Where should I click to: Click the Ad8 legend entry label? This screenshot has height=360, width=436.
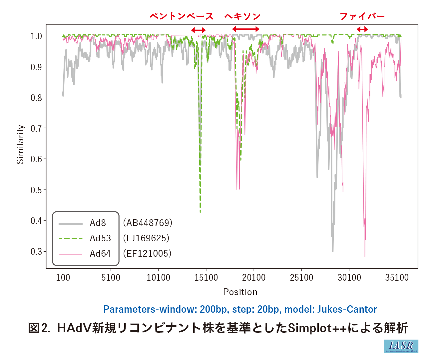[x=98, y=223]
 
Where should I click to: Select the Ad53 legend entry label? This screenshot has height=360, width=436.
[x=100, y=238]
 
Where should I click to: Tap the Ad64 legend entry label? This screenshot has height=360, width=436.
[x=100, y=254]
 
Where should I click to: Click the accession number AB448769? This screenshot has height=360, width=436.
[x=148, y=223]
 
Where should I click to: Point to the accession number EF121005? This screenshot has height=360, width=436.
[x=147, y=254]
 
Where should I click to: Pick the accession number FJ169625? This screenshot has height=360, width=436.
[x=146, y=238]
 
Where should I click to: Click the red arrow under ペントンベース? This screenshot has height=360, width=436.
[x=199, y=30]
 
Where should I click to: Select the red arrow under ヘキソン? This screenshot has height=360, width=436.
[x=245, y=29]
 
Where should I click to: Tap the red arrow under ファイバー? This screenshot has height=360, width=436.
[x=362, y=29]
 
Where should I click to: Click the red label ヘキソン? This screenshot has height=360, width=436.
[x=242, y=16]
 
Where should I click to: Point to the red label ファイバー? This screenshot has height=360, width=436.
[x=362, y=16]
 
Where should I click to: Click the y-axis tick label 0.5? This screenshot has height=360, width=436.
[x=36, y=190]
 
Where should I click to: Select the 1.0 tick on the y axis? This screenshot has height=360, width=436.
[x=36, y=36]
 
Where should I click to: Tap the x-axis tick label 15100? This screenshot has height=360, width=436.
[x=206, y=278]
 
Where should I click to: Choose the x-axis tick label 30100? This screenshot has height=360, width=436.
[x=349, y=278]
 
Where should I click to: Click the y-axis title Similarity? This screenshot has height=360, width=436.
[x=21, y=144]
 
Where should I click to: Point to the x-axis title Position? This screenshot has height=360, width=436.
[x=240, y=292]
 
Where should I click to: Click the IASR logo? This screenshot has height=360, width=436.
[x=401, y=346]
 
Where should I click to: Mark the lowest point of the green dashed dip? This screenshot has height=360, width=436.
[x=200, y=212]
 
